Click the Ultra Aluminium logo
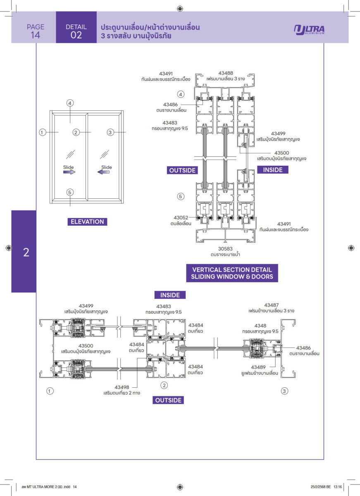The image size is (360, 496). tap(309, 30)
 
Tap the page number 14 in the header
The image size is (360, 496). tap(35, 35)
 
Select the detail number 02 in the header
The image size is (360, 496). tap(76, 35)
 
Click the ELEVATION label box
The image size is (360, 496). tap(87, 222)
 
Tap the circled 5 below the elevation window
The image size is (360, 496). tap(70, 192)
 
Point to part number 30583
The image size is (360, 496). tap(226, 249)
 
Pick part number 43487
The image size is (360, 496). tap(272, 305)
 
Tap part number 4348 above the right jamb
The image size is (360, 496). tap(260, 326)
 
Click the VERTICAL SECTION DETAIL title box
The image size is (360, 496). tap(232, 273)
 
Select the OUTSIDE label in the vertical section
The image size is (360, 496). tap(182, 170)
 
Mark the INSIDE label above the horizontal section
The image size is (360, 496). tap(170, 295)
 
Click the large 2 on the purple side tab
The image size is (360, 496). tap(26, 253)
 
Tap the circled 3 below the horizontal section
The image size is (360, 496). tap(284, 391)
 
